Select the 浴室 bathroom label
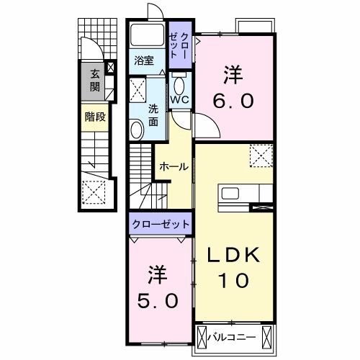[144, 61]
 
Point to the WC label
[180, 100]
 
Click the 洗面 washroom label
[154, 116]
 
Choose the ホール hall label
[174, 166]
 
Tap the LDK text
[233, 256]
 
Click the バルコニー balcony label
[232, 336]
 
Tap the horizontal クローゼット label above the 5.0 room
[161, 225]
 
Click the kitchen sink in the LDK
[232, 193]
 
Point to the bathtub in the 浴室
[146, 38]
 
